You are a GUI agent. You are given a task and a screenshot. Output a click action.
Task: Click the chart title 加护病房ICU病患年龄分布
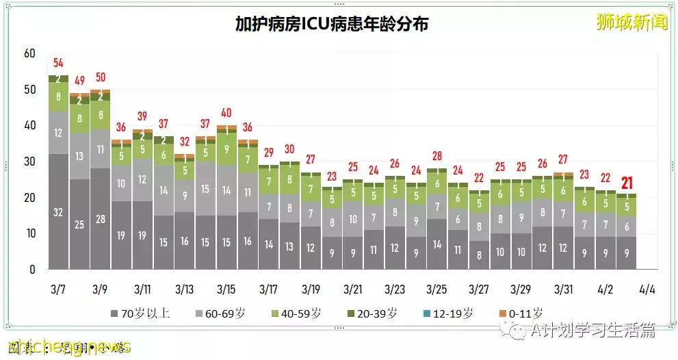pos(332,24)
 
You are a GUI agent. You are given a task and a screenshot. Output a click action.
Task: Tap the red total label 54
pos(58,64)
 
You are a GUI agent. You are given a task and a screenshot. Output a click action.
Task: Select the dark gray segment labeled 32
pos(58,212)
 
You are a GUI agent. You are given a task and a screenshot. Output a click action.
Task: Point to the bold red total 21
pos(627,183)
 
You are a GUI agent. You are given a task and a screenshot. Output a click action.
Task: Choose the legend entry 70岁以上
pos(140,314)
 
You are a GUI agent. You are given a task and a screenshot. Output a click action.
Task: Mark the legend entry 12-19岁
pos(449,314)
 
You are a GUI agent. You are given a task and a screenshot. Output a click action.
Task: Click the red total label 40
pos(226,113)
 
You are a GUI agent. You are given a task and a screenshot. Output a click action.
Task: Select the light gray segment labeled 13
pos(79,156)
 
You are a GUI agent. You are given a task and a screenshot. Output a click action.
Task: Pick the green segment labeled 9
pos(226,149)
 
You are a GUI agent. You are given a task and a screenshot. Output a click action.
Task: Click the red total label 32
pos(184,142)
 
